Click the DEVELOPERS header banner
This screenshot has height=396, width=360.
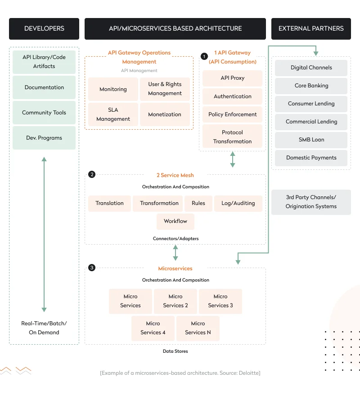click(x=44, y=28)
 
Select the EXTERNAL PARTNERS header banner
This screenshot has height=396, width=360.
click(x=311, y=28)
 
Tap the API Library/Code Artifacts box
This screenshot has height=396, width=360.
click(x=44, y=62)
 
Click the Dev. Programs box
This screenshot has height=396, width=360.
click(x=44, y=138)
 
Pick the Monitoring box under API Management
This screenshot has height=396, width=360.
click(x=113, y=89)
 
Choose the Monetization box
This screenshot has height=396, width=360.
click(x=165, y=114)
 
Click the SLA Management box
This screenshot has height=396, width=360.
click(x=113, y=114)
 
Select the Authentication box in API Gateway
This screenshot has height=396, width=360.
click(x=232, y=96)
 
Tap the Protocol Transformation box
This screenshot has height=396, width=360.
click(x=232, y=137)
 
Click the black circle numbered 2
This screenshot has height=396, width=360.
click(x=92, y=175)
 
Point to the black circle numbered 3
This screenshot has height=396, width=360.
click(x=92, y=268)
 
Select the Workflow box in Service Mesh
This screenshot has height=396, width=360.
click(x=175, y=221)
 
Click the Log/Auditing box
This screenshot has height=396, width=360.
click(x=238, y=203)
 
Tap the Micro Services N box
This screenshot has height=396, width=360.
click(x=198, y=328)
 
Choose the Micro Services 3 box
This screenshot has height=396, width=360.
click(x=220, y=301)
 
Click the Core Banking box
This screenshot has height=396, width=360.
click(x=311, y=86)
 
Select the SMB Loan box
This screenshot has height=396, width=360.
click(x=311, y=140)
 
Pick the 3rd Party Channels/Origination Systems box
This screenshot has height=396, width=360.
click(x=311, y=202)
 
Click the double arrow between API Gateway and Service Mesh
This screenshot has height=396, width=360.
click(x=232, y=159)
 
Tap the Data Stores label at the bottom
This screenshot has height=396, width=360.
click(x=175, y=351)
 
